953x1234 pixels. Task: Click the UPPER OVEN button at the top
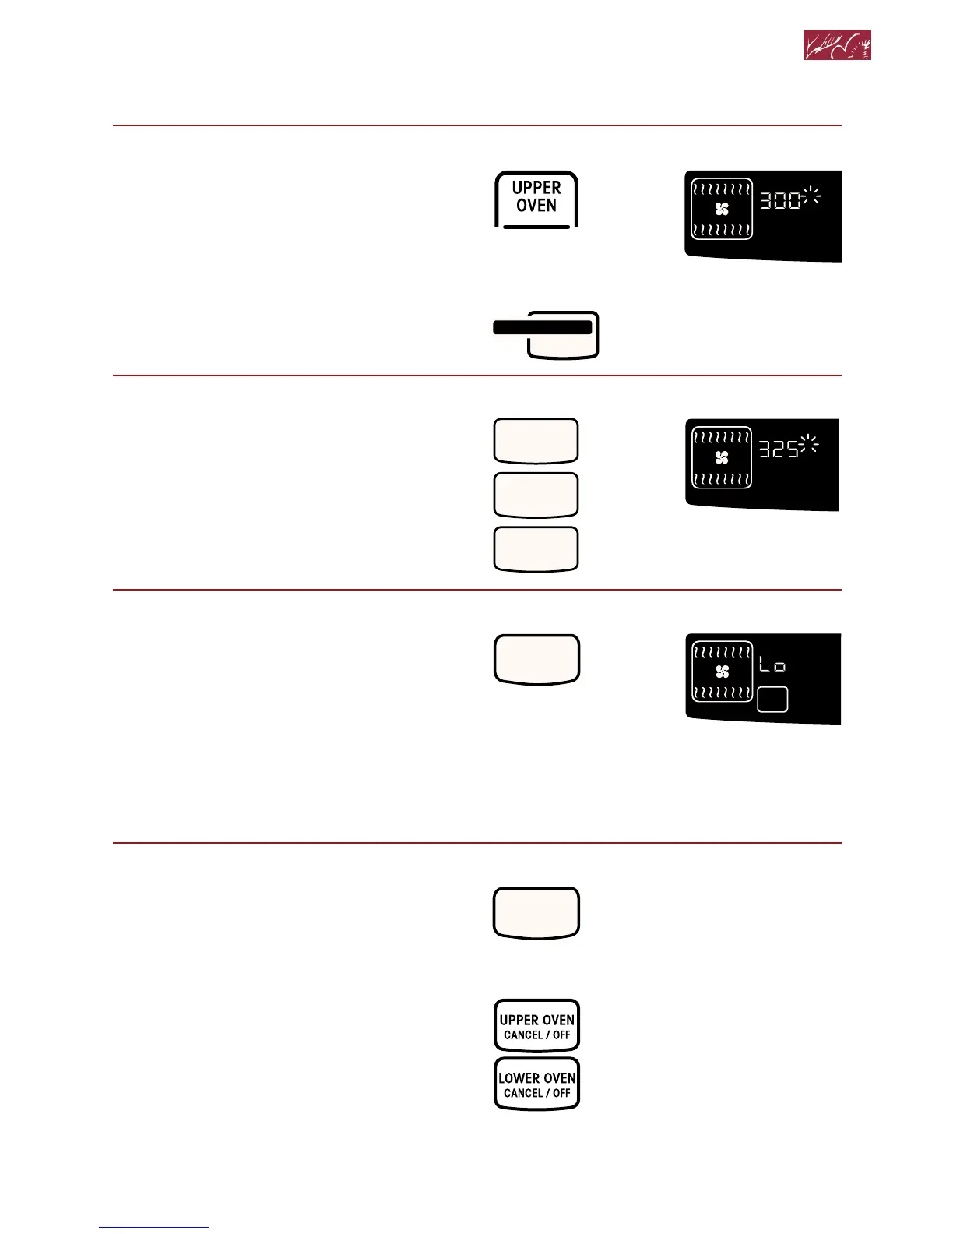536,198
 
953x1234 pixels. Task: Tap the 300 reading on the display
780,200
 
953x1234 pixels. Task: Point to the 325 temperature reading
779,449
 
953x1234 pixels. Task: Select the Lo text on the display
772,665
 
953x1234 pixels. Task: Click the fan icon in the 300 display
722,209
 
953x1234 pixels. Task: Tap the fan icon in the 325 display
722,457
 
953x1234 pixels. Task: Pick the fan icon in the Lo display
722,672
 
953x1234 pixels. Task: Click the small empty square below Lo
772,700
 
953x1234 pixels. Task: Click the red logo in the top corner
837,45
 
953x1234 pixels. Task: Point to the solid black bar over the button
543,327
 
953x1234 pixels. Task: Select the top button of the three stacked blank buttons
536,441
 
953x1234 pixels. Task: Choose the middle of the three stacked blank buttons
536,495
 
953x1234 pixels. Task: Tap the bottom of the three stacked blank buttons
536,548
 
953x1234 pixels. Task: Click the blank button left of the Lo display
537,659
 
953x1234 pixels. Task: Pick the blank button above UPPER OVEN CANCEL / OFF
537,912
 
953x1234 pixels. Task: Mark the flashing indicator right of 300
811,196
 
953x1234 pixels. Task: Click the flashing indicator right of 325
810,443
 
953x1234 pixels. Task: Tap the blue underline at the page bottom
154,1227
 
